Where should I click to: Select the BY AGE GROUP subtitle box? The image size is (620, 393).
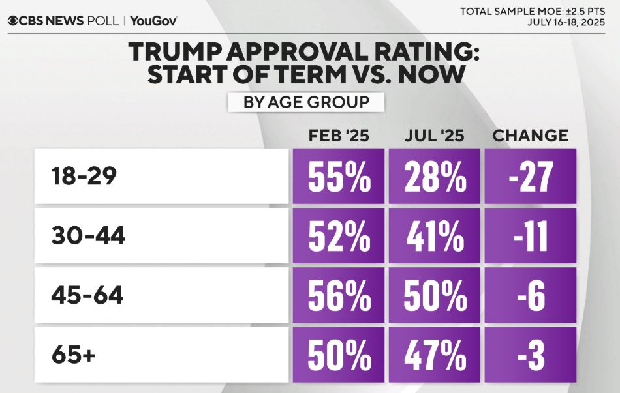(x=306, y=102)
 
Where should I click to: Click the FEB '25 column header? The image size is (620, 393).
(x=339, y=136)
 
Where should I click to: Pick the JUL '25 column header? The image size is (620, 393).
(x=433, y=136)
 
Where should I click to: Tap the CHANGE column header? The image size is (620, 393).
(x=530, y=136)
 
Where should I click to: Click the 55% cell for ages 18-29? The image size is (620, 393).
(x=339, y=177)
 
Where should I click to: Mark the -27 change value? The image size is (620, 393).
(x=530, y=177)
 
